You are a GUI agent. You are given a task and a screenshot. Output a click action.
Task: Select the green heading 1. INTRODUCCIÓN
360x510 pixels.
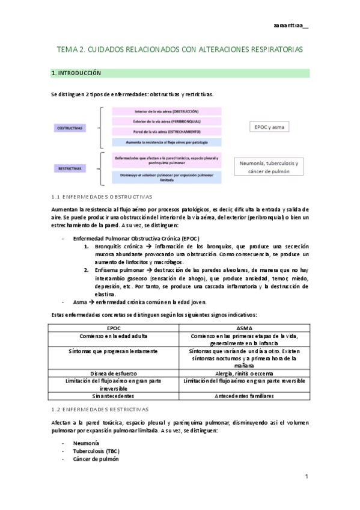click(x=76, y=73)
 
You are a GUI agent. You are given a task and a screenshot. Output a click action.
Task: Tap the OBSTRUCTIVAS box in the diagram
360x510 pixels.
click(x=70, y=128)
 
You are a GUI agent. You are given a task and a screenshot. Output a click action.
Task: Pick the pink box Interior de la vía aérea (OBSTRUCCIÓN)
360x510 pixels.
click(x=167, y=112)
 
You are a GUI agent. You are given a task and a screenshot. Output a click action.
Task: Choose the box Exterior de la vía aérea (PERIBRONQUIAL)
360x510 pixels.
click(x=167, y=121)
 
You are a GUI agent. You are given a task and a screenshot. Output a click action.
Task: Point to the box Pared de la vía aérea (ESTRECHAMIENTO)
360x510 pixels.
click(x=167, y=132)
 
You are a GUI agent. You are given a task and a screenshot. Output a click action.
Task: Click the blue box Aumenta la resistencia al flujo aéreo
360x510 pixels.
click(x=167, y=142)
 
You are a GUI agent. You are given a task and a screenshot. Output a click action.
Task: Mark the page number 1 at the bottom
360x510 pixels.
click(x=306, y=477)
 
